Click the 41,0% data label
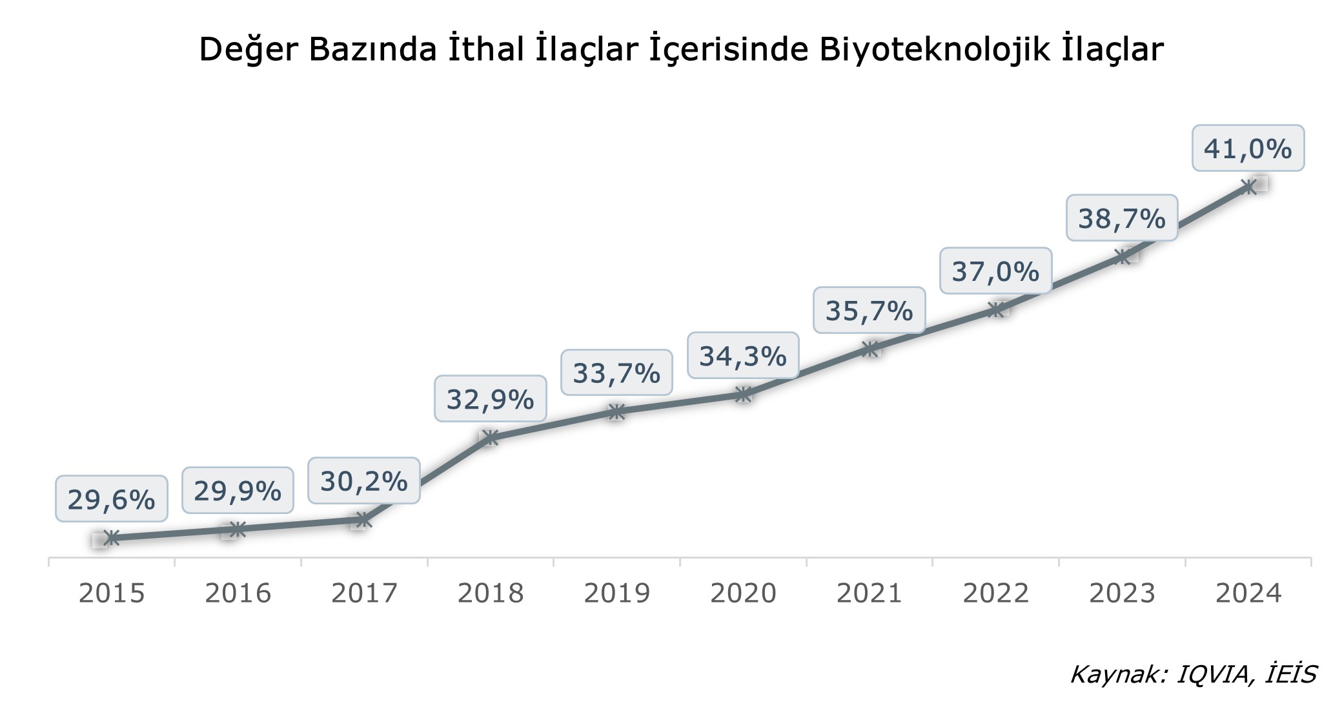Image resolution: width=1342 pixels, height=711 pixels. tap(1248, 149)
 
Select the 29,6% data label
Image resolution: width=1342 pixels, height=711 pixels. tap(111, 499)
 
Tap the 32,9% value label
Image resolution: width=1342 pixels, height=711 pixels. tap(490, 399)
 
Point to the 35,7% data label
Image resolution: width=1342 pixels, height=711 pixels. tap(869, 311)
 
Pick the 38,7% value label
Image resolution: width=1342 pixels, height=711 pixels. tap(1122, 218)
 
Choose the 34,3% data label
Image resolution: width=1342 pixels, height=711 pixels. tap(743, 356)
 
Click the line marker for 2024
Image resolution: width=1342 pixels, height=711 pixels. tap(1249, 187)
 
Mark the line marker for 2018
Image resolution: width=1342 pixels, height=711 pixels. tap(491, 438)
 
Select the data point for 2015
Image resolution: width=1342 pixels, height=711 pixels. tap(112, 538)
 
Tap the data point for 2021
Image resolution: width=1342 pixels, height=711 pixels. tap(870, 349)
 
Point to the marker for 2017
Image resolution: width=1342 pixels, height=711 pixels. tap(364, 519)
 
